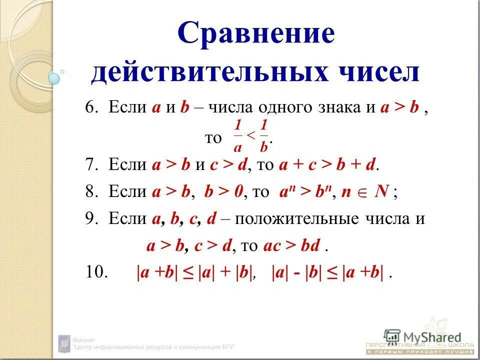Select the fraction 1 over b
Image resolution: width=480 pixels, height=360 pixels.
pos(264,135)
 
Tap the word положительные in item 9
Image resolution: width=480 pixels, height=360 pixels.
pos(290,220)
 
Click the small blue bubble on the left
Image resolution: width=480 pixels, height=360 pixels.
pos(54,78)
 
